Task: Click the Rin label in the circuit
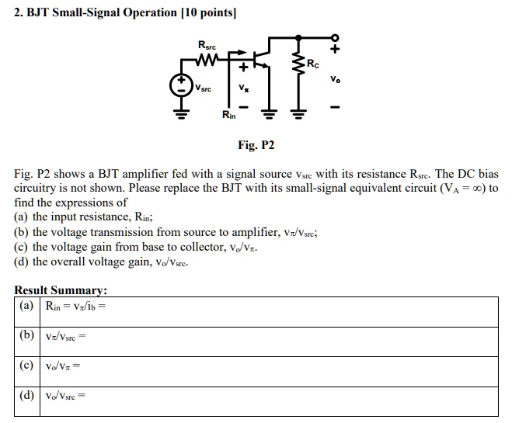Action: coord(229,116)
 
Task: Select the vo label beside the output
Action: coord(335,79)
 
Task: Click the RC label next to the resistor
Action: coord(312,63)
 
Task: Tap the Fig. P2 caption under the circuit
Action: coord(256,145)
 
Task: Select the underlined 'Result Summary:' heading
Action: coord(61,290)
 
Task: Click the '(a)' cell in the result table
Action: coord(27,306)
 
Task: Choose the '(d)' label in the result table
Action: coord(27,395)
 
